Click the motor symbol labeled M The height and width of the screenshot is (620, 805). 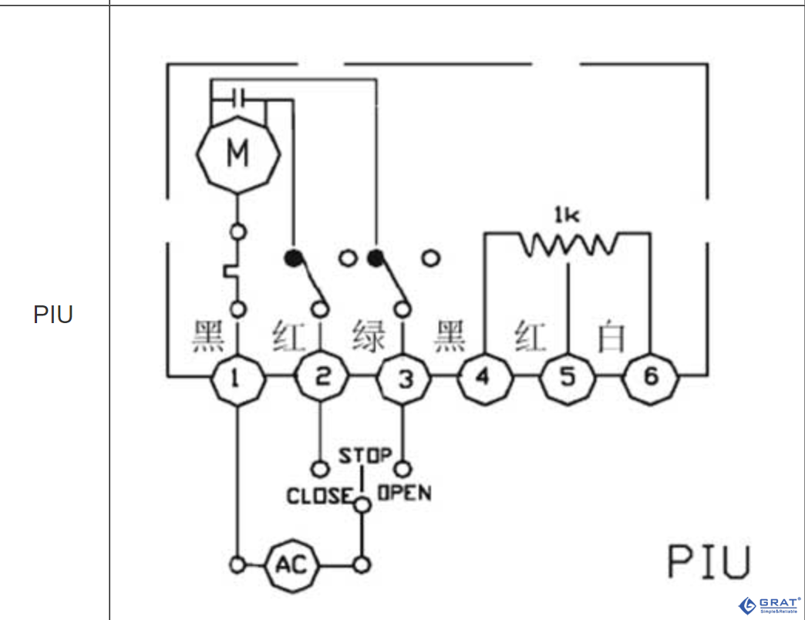(x=237, y=154)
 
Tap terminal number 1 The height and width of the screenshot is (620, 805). (x=237, y=378)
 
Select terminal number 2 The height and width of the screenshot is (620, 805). (x=322, y=378)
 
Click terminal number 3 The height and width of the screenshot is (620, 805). (x=404, y=378)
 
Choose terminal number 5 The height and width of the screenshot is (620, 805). (x=568, y=378)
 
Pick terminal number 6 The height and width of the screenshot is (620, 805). (x=651, y=378)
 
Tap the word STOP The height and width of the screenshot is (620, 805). (x=365, y=456)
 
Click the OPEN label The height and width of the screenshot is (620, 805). (x=403, y=493)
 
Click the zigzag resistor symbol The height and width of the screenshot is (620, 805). (x=568, y=245)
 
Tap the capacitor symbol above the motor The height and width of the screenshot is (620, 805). (x=238, y=98)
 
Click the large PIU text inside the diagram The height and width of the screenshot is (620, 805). (x=708, y=562)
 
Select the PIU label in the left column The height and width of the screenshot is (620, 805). (x=53, y=315)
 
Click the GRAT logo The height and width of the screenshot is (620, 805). (x=768, y=605)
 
